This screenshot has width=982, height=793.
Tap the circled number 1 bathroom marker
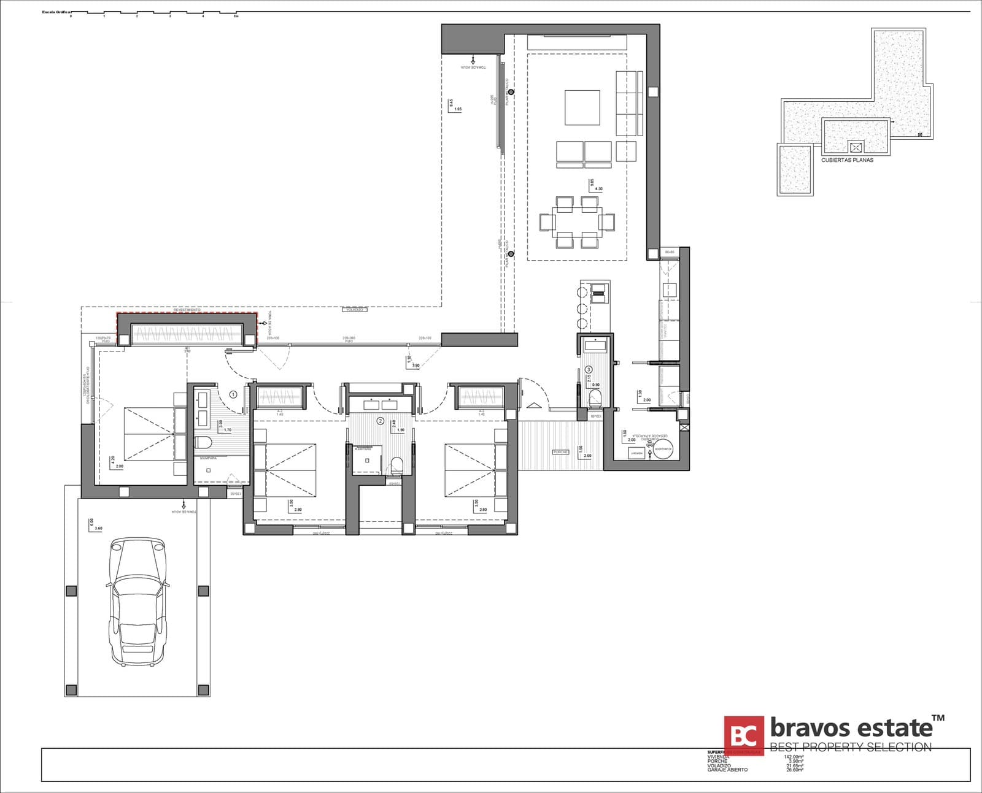(233, 394)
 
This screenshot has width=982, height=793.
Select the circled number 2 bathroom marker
(380, 421)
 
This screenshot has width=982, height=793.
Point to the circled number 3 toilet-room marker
(589, 369)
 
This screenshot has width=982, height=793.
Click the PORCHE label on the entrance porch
(560, 452)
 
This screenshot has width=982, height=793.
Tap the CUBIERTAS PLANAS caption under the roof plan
(847, 160)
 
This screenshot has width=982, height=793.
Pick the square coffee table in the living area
(582, 107)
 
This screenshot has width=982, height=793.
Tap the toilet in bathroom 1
(203, 442)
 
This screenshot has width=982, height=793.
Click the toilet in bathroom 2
(396, 464)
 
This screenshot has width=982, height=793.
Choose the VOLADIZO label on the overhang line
(354, 310)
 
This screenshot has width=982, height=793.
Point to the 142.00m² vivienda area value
(794, 757)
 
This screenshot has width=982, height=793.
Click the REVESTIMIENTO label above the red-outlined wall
(187, 310)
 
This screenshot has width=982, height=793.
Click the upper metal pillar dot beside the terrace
(511, 92)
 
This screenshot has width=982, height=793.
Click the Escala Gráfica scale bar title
(55, 12)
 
